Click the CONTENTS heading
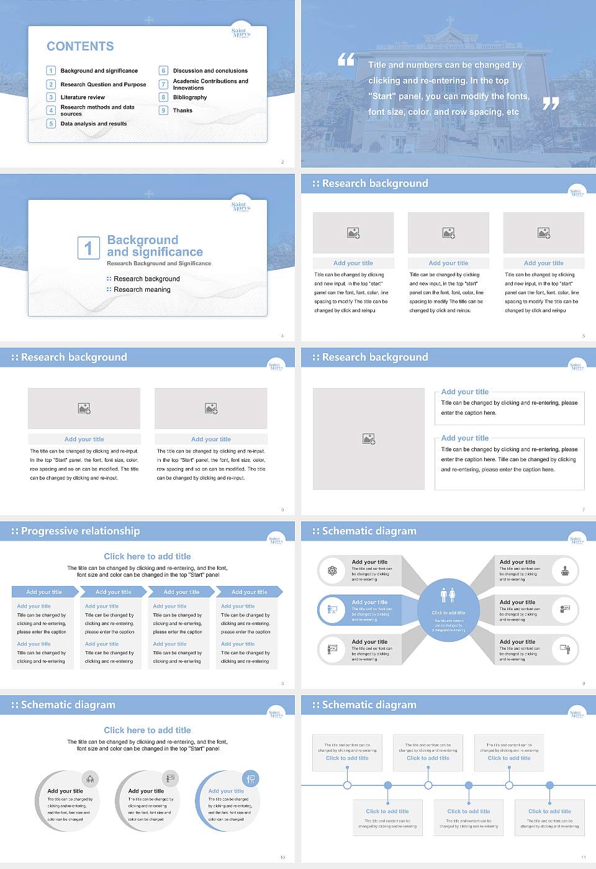coord(80,47)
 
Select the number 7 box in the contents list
coord(163,84)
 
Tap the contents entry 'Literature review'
coord(83,97)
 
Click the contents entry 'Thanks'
coord(183,110)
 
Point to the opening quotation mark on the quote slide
coord(346,60)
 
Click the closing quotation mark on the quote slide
coord(551,104)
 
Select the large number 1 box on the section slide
coord(88,248)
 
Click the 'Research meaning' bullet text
coord(142,290)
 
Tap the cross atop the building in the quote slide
coord(450,20)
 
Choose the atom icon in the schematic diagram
coord(332,570)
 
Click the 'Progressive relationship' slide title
coord(80,531)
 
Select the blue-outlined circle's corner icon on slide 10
coord(251,778)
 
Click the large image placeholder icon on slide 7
coord(369,439)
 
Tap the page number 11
coord(584,857)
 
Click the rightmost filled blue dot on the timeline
coord(549,785)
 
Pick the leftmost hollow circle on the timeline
coord(347,785)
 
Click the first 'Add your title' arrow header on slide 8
coord(44,592)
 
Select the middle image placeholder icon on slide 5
coord(448,233)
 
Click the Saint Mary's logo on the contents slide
coord(240,33)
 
